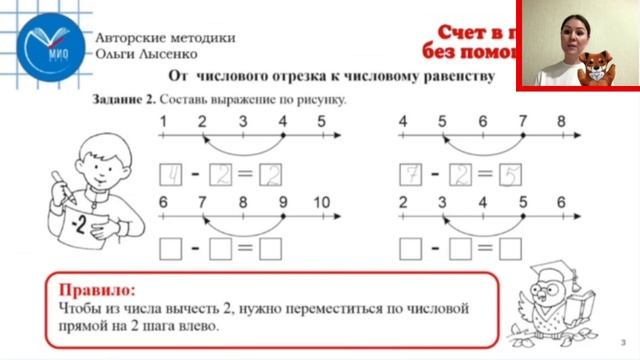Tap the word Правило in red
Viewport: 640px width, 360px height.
click(92, 289)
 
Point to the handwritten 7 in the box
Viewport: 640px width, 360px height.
click(410, 177)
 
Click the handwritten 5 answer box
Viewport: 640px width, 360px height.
click(510, 177)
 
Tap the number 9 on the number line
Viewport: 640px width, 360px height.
click(282, 202)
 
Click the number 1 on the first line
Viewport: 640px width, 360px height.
click(163, 122)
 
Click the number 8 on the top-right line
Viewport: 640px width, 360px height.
click(561, 122)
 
